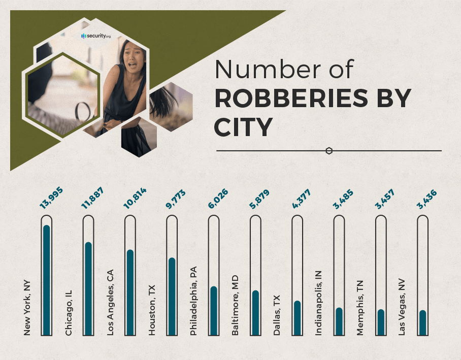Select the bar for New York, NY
(47, 279)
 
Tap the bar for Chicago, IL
(88, 288)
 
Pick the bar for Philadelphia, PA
(214, 310)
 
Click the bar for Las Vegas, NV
(422, 322)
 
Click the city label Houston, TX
(152, 310)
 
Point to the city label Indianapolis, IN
(318, 302)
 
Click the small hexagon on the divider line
(329, 151)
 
